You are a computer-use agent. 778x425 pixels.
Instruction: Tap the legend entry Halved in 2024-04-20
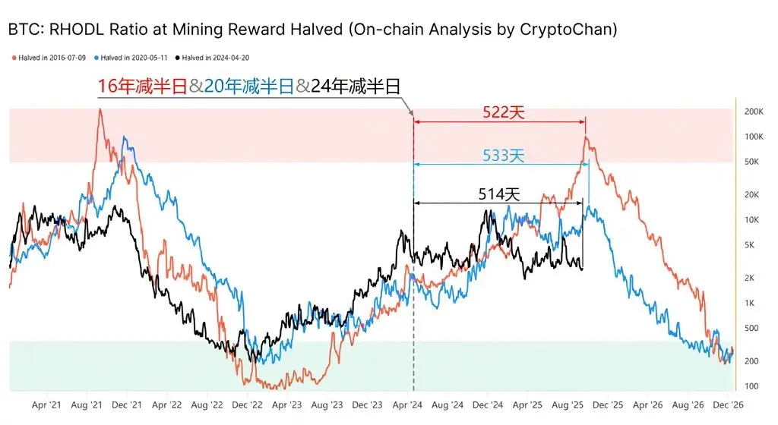[x=215, y=58]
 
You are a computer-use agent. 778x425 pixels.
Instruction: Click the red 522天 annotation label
[x=504, y=113]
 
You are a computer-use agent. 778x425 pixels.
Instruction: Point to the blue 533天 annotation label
[x=504, y=156]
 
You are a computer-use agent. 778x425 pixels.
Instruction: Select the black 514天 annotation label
[x=499, y=194]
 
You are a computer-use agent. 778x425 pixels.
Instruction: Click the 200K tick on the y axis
[x=753, y=112]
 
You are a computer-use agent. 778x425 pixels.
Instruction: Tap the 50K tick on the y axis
[x=753, y=162]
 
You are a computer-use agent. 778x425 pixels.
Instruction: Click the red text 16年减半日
[x=142, y=86]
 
